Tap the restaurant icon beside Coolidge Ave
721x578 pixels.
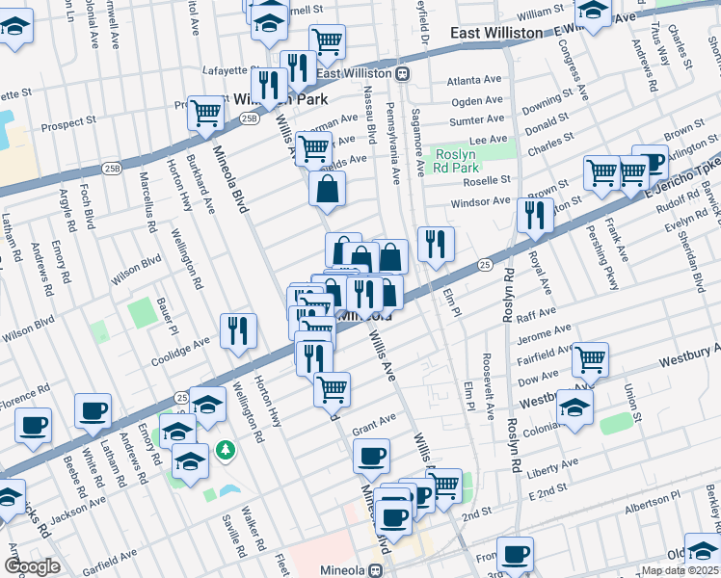(237, 330)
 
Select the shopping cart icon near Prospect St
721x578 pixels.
(205, 113)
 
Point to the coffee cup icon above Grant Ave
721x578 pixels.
(371, 457)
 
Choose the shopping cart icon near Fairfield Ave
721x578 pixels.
(590, 359)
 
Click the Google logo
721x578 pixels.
(33, 566)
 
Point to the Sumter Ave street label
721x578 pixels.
(477, 120)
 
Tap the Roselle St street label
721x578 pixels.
(486, 180)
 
